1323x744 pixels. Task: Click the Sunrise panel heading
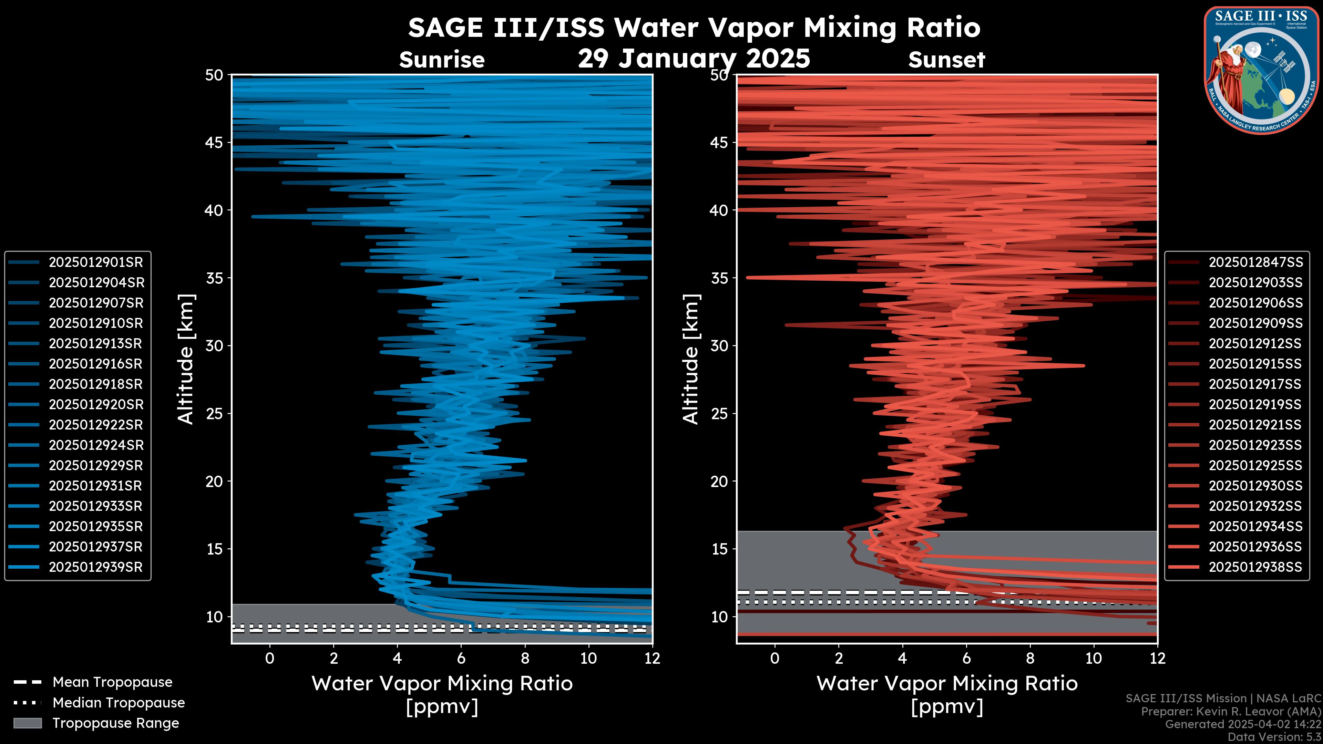442,60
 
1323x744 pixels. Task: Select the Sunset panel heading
946,60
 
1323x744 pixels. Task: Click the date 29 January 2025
694,59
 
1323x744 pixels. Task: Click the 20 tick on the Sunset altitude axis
719,482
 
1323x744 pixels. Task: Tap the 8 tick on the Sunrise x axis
525,658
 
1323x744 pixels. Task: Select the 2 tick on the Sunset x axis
839,658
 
